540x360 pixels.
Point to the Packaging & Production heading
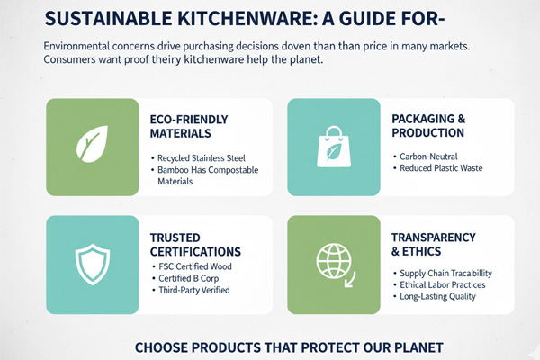pyautogui.click(x=428, y=125)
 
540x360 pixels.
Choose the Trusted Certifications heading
pyautogui.click(x=195, y=244)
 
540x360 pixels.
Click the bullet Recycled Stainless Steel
pyautogui.click(x=201, y=158)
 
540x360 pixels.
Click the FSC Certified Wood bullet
pyautogui.click(x=193, y=266)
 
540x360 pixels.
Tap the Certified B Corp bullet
pyautogui.click(x=190, y=278)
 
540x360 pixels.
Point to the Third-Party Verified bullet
pyautogui.click(x=193, y=290)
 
